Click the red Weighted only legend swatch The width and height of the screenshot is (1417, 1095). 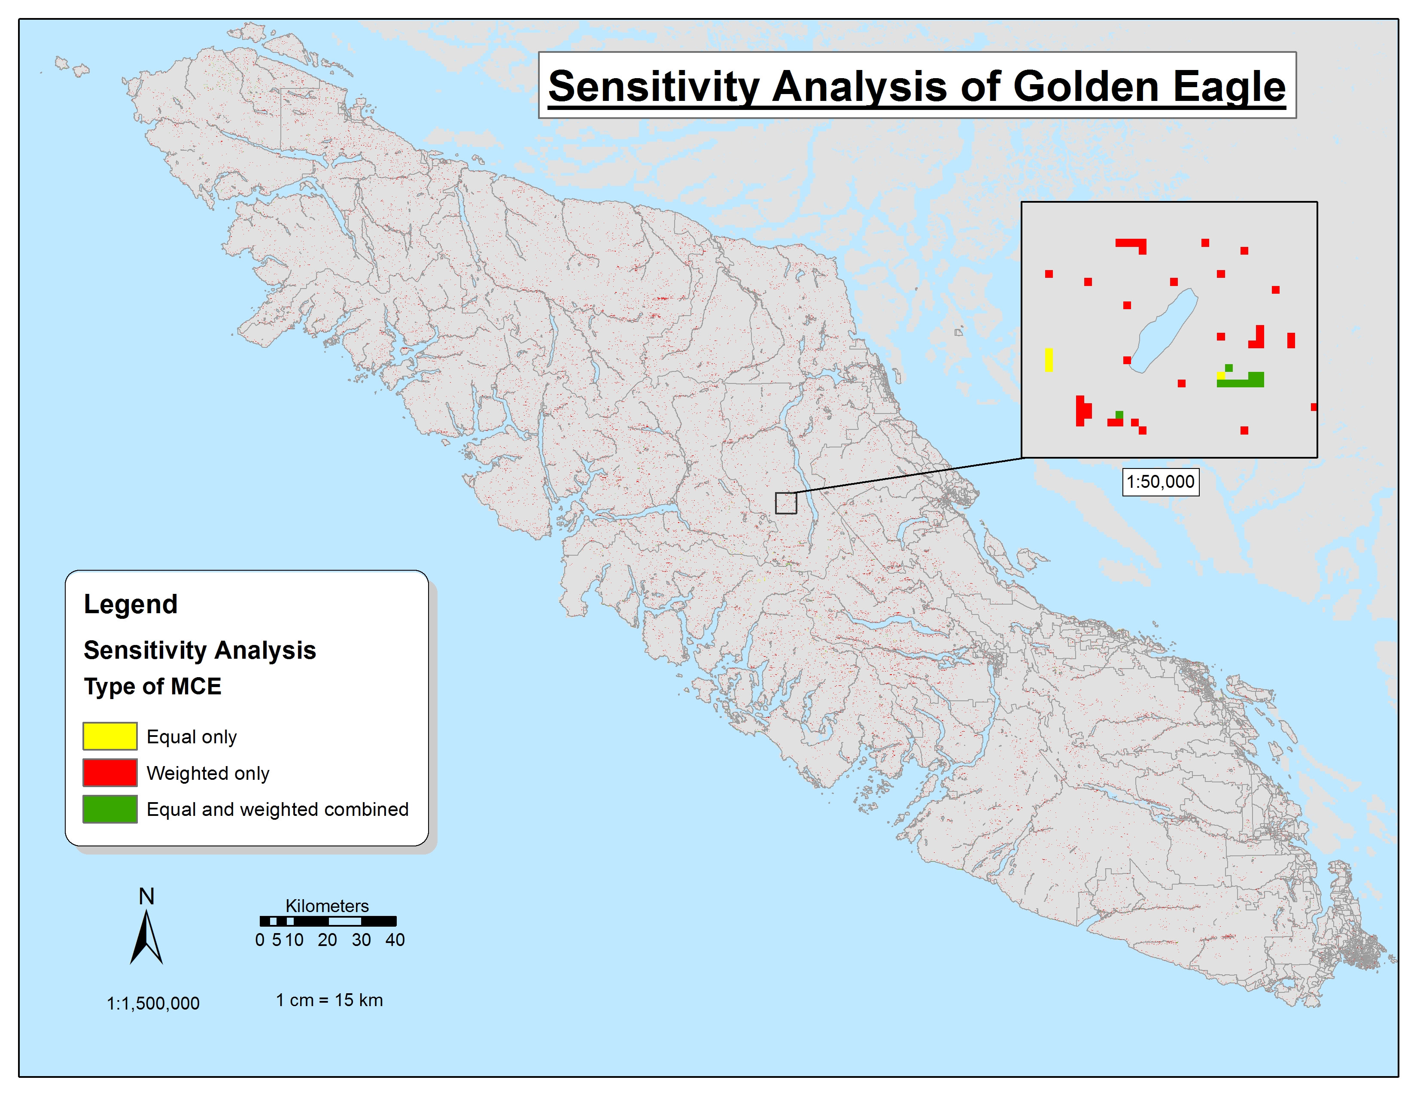click(x=109, y=773)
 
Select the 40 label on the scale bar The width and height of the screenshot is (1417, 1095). click(x=395, y=940)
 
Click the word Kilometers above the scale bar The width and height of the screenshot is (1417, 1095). click(x=327, y=906)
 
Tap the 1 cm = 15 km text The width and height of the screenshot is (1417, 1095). click(x=330, y=1000)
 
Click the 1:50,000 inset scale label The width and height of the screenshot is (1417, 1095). click(x=1161, y=482)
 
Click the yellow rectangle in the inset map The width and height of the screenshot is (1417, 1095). click(x=1049, y=360)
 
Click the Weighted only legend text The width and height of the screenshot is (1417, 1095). click(x=208, y=773)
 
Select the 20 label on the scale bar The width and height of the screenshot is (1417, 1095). click(x=327, y=940)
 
